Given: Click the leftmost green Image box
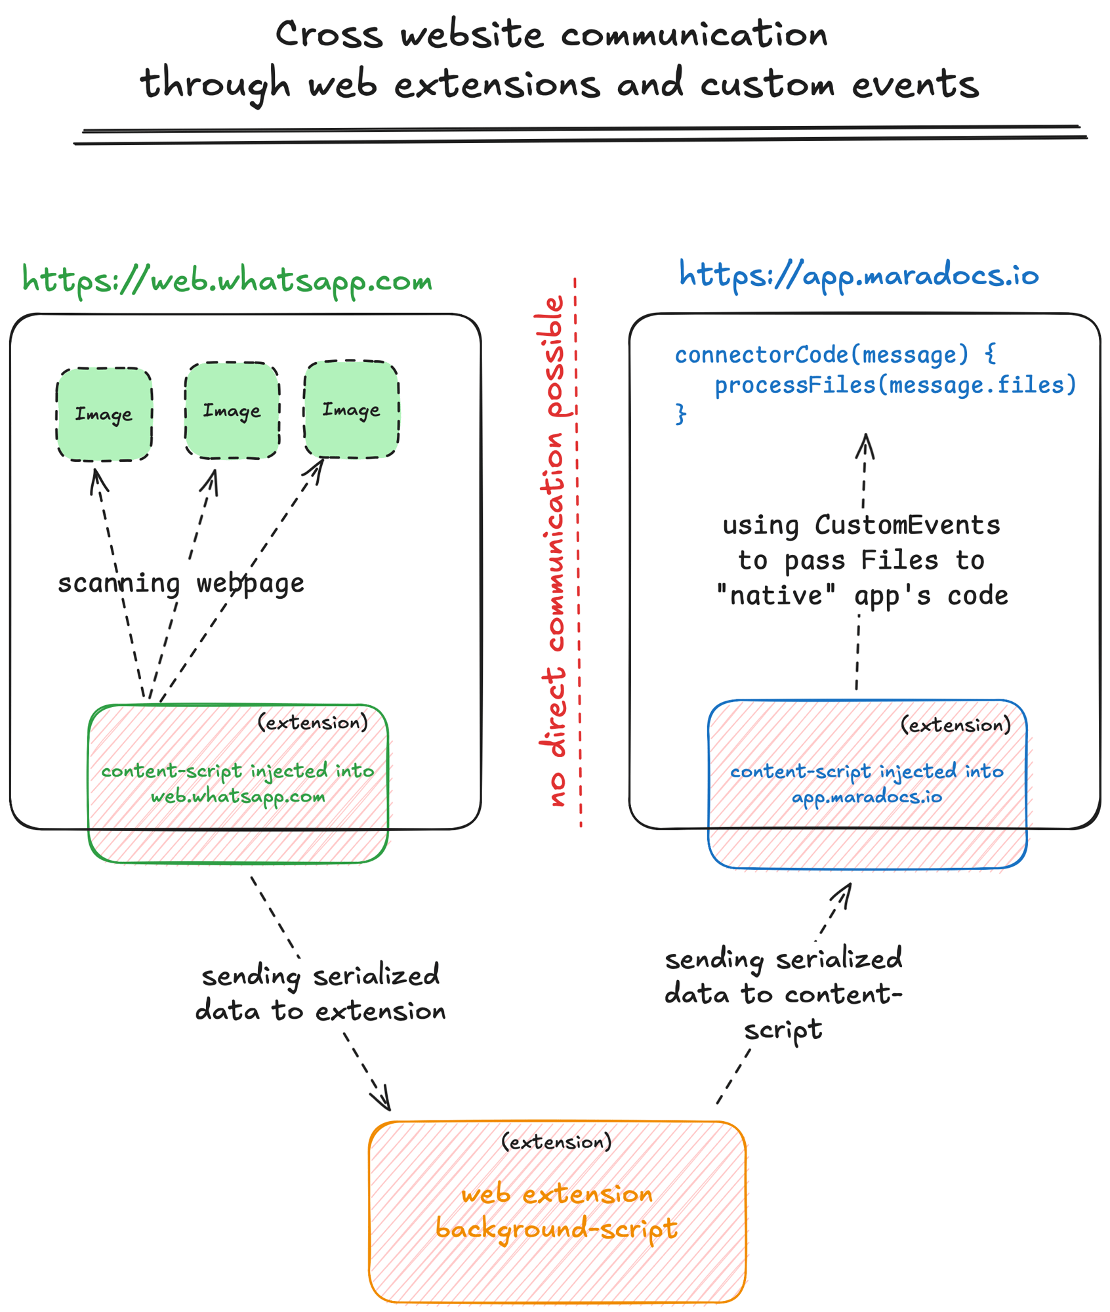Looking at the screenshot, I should tap(104, 414).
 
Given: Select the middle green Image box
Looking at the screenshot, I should tap(232, 410).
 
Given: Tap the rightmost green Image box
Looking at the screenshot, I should tap(351, 409).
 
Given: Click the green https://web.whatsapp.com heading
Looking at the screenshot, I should tap(227, 281).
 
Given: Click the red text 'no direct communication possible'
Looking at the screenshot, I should tap(552, 551).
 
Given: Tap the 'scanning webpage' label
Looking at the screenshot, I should tap(181, 583).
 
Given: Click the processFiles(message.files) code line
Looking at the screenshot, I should tap(895, 385).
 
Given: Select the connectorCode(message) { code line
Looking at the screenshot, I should tap(835, 355).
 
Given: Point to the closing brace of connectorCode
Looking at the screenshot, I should tap(681, 414).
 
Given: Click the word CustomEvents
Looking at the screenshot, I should tap(907, 525).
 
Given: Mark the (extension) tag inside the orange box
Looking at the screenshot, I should tap(556, 1142).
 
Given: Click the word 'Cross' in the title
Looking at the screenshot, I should tap(329, 34).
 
